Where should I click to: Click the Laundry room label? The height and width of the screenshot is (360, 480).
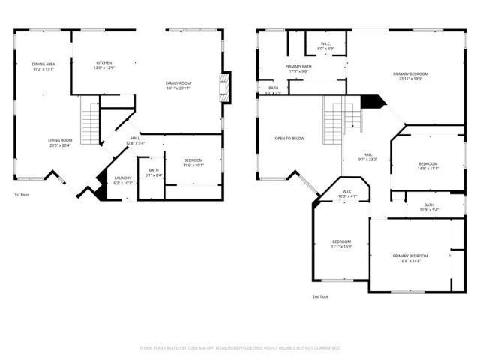[x=122, y=181]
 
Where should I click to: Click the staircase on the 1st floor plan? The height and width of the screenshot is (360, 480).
[x=91, y=117]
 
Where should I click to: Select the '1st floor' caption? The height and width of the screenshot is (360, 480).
[x=22, y=196]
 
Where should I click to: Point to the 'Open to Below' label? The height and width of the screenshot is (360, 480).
[x=289, y=139]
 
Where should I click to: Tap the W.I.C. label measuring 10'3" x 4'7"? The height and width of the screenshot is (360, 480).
[x=347, y=193]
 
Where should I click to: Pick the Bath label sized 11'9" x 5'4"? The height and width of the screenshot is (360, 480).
[x=428, y=208]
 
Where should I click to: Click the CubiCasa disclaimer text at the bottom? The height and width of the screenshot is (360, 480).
[x=240, y=348]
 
